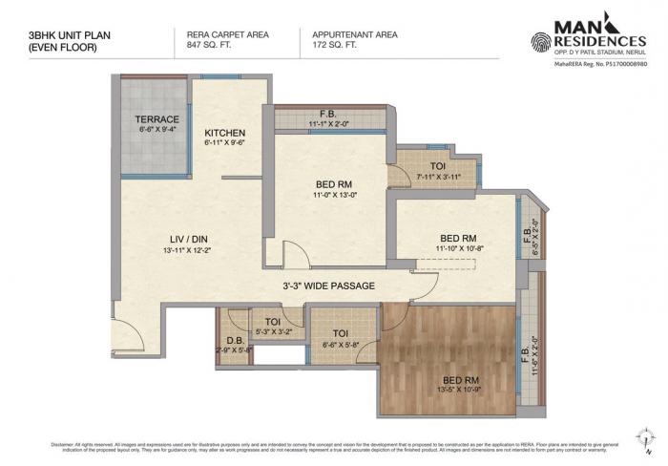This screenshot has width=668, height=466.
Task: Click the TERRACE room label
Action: pyautogui.click(x=157, y=119)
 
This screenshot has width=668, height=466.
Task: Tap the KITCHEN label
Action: pyautogui.click(x=225, y=133)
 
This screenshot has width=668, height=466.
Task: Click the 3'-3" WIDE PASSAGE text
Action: pyautogui.click(x=327, y=286)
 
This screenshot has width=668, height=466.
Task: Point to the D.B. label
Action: pyautogui.click(x=233, y=341)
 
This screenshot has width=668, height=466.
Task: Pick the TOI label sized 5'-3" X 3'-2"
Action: pyautogui.click(x=273, y=322)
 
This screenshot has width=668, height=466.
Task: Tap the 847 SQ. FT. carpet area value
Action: pyautogui.click(x=201, y=44)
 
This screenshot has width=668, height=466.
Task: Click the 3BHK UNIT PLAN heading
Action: pyautogui.click(x=58, y=34)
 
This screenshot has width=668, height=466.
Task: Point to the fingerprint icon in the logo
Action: pyautogui.click(x=540, y=41)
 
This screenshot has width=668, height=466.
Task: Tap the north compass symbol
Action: pyautogui.click(x=648, y=438)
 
